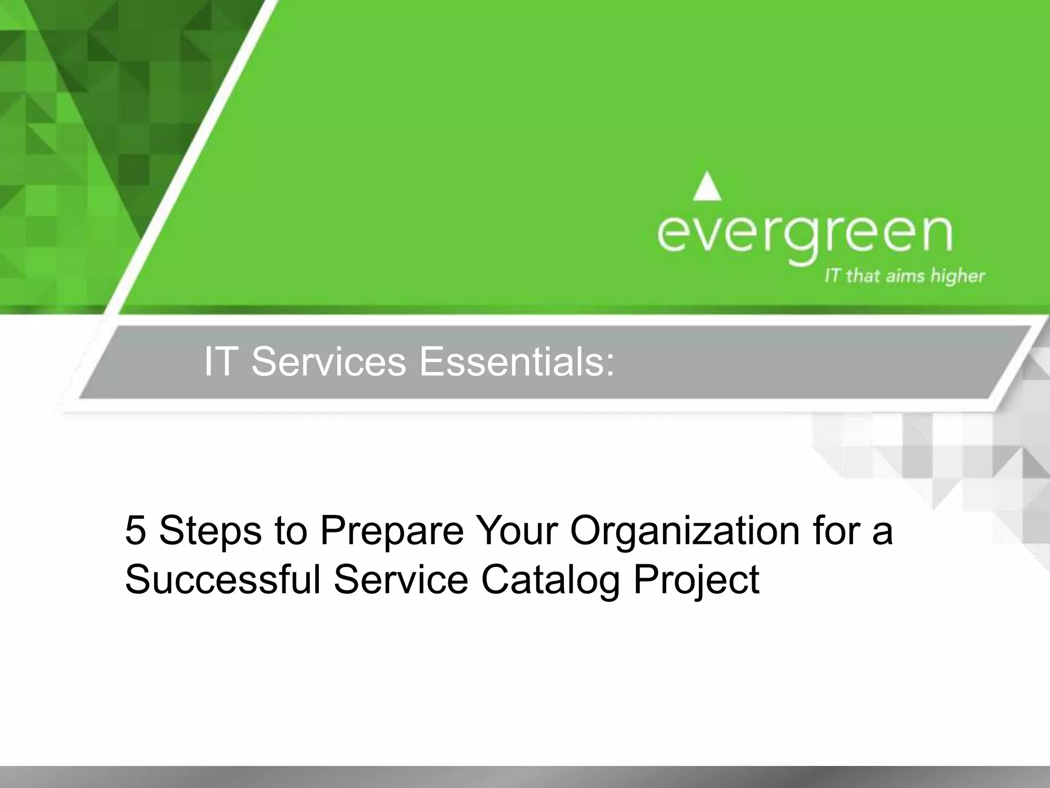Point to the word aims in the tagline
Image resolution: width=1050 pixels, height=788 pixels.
point(904,277)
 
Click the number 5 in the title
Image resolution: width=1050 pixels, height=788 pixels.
point(135,531)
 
